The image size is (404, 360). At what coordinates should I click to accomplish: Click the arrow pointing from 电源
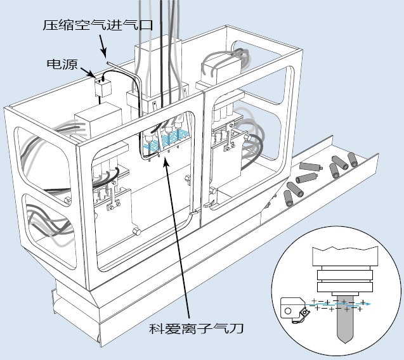point(88,72)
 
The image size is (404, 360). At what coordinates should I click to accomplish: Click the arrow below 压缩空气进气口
point(104,46)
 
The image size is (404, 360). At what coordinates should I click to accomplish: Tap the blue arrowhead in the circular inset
point(368,305)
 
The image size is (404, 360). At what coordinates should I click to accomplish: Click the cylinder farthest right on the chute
point(353,160)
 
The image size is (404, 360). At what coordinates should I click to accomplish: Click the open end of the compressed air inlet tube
point(108,62)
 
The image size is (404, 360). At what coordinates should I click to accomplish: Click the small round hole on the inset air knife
point(289,311)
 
